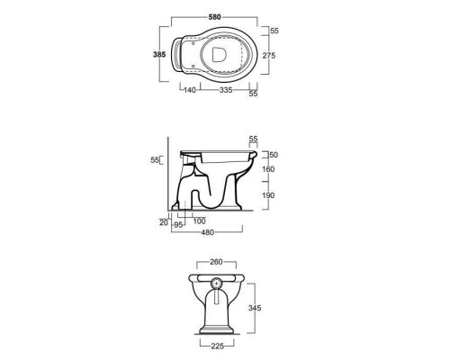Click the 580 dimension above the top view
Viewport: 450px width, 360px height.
(x=214, y=17)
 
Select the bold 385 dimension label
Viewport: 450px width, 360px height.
(x=159, y=55)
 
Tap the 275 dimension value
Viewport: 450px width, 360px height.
(x=269, y=56)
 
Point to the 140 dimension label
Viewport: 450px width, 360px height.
(x=190, y=90)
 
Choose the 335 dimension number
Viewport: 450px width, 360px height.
(x=226, y=90)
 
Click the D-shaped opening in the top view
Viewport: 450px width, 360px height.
(x=219, y=55)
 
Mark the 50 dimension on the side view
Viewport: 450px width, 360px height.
(x=274, y=155)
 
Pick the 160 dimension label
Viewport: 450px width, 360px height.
(x=268, y=169)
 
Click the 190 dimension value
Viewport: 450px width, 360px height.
(x=268, y=195)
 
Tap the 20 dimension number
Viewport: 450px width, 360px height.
(x=164, y=222)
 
